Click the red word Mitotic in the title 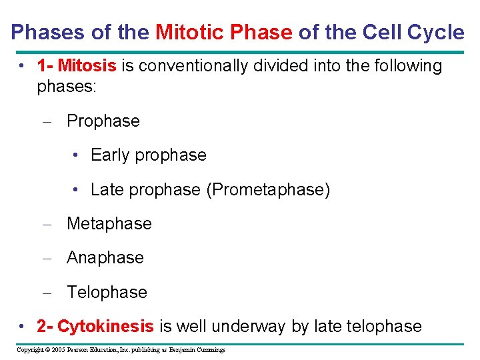(x=189, y=32)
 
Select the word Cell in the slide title (x=377, y=32)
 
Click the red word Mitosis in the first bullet (x=87, y=66)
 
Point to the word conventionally (x=198, y=66)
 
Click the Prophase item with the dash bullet (x=103, y=121)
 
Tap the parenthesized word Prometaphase (x=268, y=190)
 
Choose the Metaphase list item (x=109, y=224)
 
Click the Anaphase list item (x=105, y=258)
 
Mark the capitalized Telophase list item (x=107, y=292)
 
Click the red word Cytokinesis (x=105, y=327)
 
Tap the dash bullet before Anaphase (x=49, y=259)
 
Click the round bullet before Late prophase (x=77, y=191)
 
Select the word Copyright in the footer (x=31, y=350)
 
